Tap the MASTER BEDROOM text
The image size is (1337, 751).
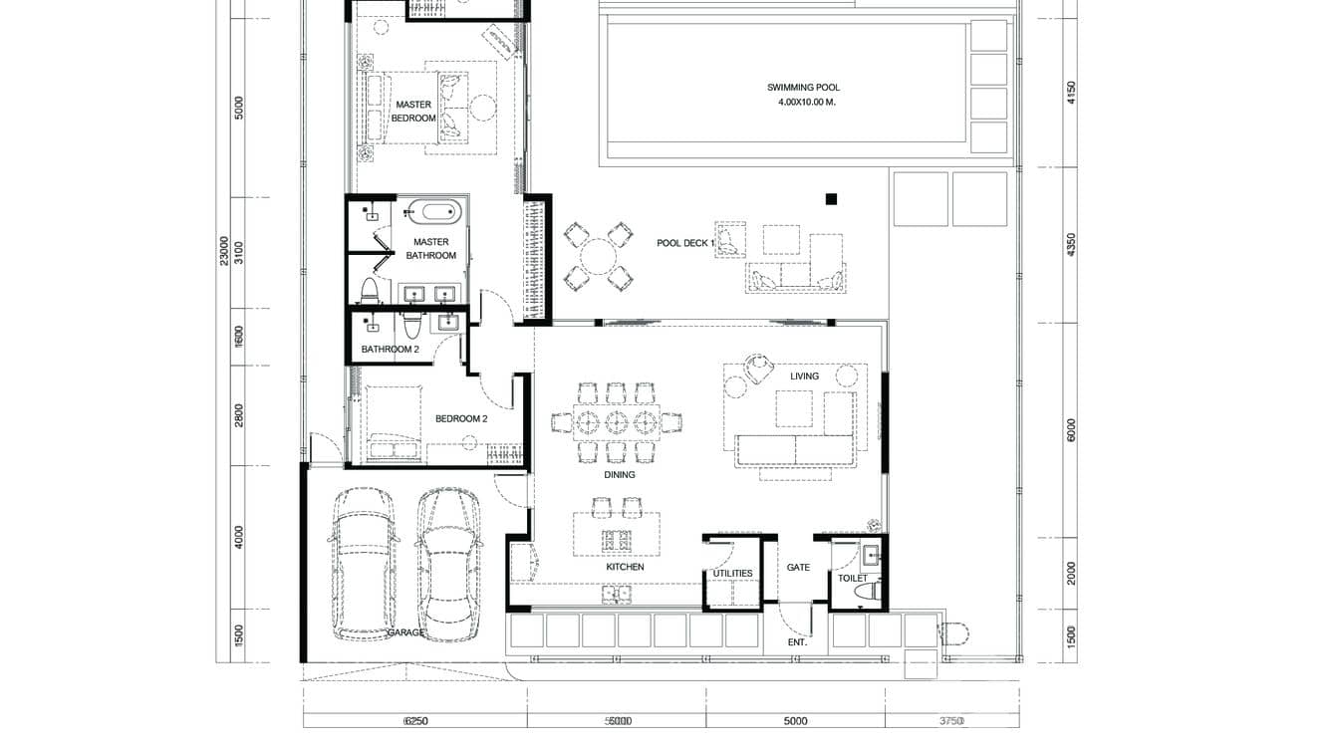click(x=413, y=111)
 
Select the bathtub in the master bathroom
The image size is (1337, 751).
click(x=432, y=211)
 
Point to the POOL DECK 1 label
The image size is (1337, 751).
click(x=685, y=243)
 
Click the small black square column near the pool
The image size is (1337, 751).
click(x=831, y=199)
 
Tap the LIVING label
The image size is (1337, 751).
click(x=804, y=376)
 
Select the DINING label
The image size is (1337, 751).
click(x=619, y=475)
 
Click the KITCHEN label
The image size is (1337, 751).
click(x=625, y=567)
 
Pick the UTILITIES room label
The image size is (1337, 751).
click(x=732, y=573)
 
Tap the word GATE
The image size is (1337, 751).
click(x=798, y=568)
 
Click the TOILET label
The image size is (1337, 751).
click(x=852, y=578)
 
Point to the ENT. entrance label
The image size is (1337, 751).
click(x=797, y=642)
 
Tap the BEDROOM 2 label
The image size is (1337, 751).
click(x=460, y=419)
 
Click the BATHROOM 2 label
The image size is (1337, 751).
click(x=390, y=350)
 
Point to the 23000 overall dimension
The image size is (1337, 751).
click(x=225, y=250)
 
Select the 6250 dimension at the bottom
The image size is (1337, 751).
click(x=415, y=721)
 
